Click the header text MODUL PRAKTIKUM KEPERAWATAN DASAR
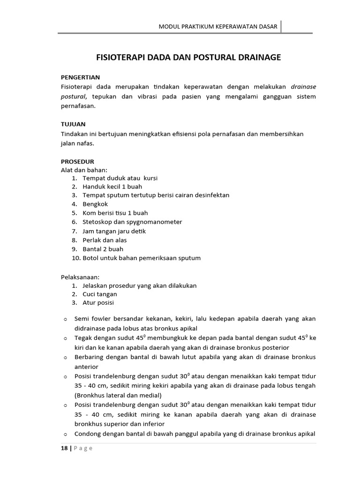point(218,27)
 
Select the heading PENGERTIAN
point(80,77)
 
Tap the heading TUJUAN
point(73,125)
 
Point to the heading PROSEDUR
point(77,161)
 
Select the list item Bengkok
point(96,204)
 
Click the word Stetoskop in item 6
point(97,222)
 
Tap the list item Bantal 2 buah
point(103,249)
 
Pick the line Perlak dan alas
point(105,240)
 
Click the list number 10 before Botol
point(76,258)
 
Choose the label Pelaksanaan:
point(80,277)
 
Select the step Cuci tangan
point(100,294)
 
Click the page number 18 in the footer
point(64,448)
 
